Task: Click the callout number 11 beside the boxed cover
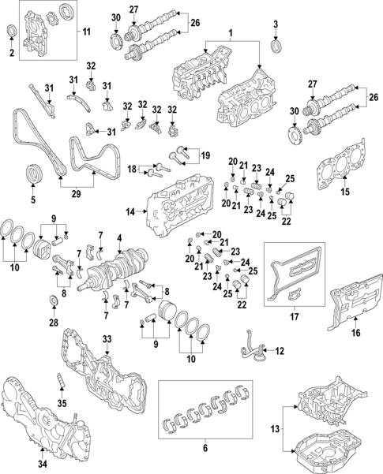87,33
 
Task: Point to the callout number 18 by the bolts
133,167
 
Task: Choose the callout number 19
205,155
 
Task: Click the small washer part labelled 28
52,300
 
